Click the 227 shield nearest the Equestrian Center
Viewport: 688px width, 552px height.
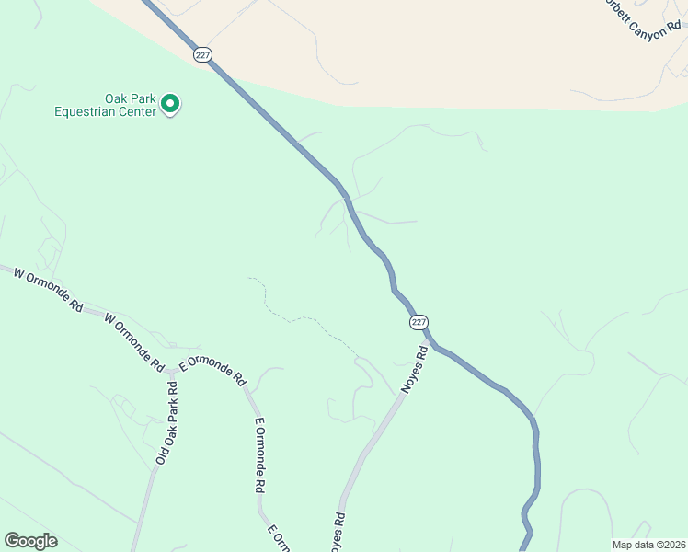(203, 54)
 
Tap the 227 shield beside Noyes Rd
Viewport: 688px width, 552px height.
(419, 322)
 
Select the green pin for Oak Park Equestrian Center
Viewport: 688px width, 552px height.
(170, 105)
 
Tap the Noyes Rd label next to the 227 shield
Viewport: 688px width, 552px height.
(415, 370)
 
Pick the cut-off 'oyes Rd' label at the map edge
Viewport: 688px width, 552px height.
(338, 533)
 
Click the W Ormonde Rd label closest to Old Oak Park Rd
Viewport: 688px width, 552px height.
(134, 339)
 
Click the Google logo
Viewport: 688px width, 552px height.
(30, 541)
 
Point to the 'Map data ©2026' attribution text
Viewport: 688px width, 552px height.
(648, 544)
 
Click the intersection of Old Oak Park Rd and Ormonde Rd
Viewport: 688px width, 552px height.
(173, 373)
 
